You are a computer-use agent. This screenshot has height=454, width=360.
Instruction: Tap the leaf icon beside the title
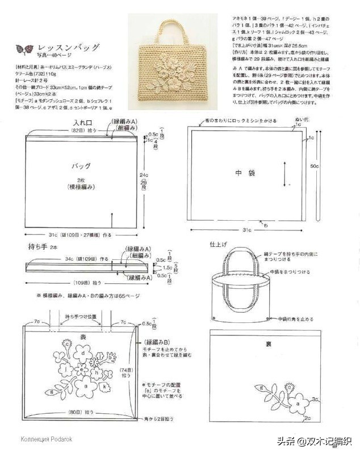click(x=24, y=49)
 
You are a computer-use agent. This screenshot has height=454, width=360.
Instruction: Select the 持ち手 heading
click(x=37, y=247)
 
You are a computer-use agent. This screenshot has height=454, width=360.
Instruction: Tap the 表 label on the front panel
click(x=82, y=337)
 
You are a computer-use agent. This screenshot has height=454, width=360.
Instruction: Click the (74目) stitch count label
click(x=127, y=370)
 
